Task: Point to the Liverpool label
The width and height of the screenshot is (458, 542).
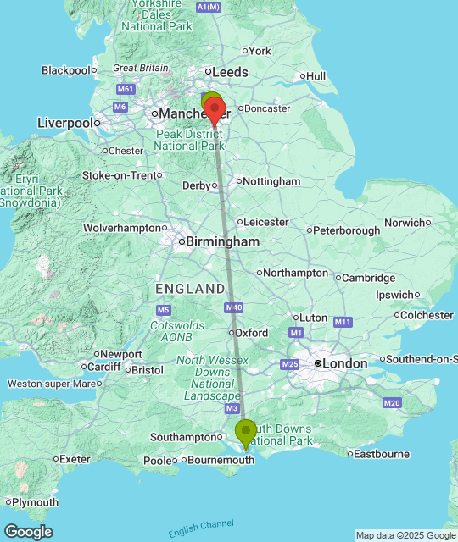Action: click(x=64, y=123)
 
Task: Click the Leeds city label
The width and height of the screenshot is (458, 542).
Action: click(x=230, y=72)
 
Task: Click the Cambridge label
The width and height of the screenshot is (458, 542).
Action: click(x=369, y=278)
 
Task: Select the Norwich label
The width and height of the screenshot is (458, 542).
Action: click(x=403, y=223)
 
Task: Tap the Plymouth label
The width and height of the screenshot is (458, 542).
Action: click(x=35, y=502)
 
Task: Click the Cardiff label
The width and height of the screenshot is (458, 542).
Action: click(x=103, y=368)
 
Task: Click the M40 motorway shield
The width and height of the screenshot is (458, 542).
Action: click(x=235, y=307)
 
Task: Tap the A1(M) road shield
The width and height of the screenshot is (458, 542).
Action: click(x=208, y=7)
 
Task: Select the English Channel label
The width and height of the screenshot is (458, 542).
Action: click(x=200, y=528)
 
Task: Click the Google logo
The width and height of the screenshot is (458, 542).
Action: click(x=28, y=532)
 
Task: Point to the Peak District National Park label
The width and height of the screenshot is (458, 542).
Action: click(x=187, y=140)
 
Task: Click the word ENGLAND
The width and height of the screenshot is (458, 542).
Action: click(x=191, y=289)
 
